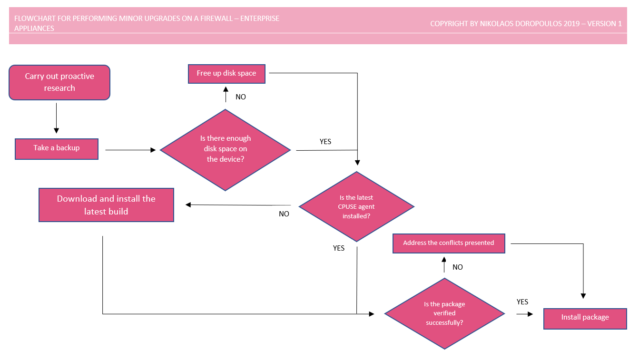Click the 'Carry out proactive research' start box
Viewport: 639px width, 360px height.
(59, 82)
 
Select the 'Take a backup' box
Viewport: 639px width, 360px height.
(57, 149)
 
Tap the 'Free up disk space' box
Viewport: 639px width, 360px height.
(226, 73)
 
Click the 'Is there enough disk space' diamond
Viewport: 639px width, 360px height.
(225, 149)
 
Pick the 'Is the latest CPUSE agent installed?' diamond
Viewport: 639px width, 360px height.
(356, 207)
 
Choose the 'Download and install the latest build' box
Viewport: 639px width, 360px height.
(106, 205)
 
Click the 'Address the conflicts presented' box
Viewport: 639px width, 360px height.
(448, 243)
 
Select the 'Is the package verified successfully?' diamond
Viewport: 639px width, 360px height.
(444, 313)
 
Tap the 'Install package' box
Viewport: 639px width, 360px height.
(585, 318)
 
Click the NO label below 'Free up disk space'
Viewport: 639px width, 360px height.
(241, 97)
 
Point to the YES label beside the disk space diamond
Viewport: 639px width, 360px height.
(325, 142)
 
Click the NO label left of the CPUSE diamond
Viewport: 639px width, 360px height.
(284, 214)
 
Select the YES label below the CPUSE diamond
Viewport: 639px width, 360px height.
(339, 248)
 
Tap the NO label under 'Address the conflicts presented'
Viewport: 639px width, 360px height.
(458, 267)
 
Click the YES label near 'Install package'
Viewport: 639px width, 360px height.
(522, 302)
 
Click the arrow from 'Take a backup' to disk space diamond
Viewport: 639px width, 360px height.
(130, 150)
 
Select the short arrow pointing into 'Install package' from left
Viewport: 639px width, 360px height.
(525, 314)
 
